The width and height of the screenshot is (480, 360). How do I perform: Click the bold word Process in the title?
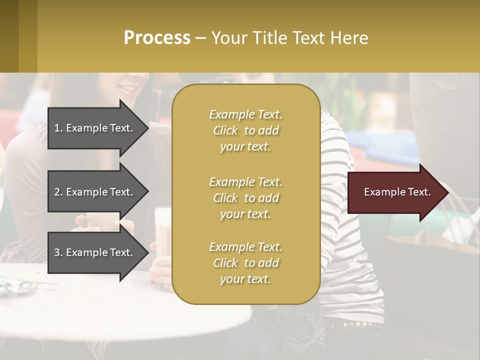coord(157,38)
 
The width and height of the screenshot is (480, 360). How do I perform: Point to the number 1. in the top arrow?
coord(58,128)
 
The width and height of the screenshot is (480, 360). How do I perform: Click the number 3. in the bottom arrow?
coord(58,252)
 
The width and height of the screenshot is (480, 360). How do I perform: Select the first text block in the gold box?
coord(245,130)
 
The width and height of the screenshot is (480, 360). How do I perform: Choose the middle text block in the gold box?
coord(245,198)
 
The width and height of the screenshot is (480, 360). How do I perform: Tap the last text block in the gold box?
coord(245,263)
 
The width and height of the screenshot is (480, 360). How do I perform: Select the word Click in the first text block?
coord(225,131)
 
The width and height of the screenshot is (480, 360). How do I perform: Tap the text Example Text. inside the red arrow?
coord(397,192)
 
